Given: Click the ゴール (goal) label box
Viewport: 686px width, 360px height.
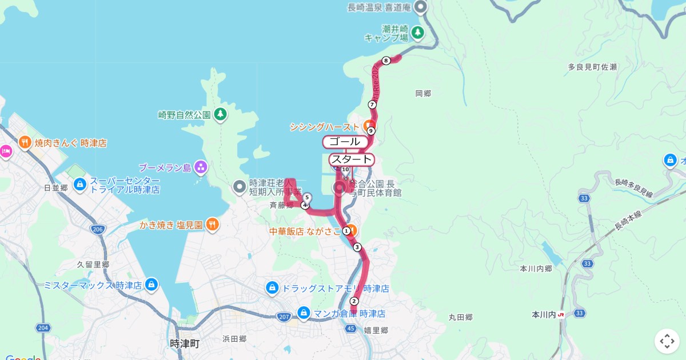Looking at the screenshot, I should (x=344, y=142).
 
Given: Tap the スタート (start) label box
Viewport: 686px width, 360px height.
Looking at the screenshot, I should (x=352, y=159).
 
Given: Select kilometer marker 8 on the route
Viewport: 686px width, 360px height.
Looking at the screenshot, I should (x=386, y=61).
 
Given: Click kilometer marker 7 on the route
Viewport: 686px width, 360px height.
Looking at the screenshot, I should (x=372, y=105).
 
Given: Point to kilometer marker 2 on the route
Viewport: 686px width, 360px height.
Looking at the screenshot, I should (x=354, y=301).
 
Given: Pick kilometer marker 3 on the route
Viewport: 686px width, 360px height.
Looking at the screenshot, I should (x=357, y=247).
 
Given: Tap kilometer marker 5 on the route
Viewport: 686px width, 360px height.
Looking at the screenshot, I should (x=308, y=197).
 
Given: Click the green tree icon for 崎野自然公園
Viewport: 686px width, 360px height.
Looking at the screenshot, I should (x=220, y=114).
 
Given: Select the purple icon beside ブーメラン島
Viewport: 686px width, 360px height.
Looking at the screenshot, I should (x=201, y=167).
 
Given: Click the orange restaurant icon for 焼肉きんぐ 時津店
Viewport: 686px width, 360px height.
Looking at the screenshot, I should (x=25, y=142).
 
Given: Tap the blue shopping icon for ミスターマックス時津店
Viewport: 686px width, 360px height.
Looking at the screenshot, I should (x=151, y=284).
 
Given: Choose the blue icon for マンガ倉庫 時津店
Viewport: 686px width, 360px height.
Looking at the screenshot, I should (x=304, y=313).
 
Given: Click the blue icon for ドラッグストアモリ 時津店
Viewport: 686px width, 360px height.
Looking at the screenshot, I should (x=272, y=287).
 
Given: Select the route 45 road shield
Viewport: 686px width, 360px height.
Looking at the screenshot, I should (x=351, y=328).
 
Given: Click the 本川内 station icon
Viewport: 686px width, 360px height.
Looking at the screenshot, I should (x=561, y=314).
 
